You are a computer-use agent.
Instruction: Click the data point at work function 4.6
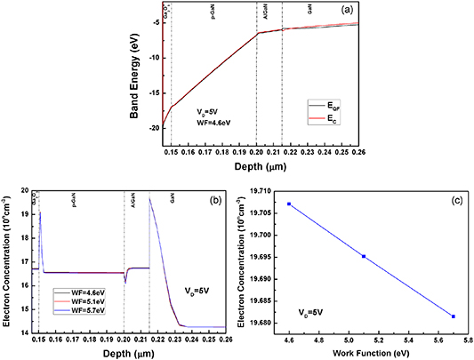click(x=289, y=204)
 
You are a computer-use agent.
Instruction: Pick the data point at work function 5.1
click(x=364, y=256)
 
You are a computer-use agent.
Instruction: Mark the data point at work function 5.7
click(x=454, y=316)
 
